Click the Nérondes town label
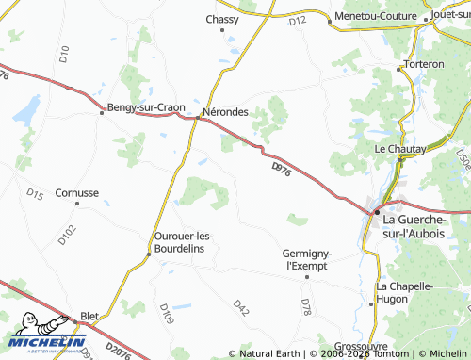click(226, 111)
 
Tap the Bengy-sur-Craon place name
click(146, 107)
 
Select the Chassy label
click(222, 19)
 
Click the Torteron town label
click(422, 64)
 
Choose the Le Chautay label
click(400, 149)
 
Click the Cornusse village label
click(76, 192)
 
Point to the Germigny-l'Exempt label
click(309, 259)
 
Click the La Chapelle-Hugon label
click(404, 292)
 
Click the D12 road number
click(299, 20)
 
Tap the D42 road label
click(242, 308)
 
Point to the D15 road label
click(35, 194)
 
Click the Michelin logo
click(47, 338)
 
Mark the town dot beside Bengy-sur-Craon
click(102, 112)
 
